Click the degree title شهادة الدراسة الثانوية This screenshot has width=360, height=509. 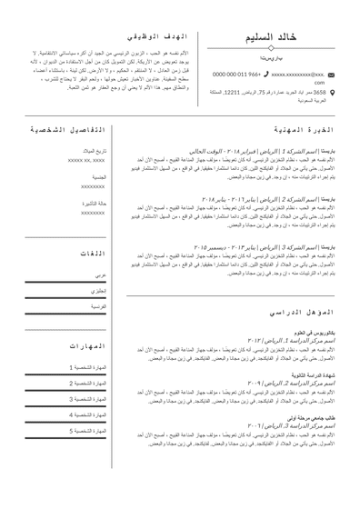[x=311, y=374]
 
